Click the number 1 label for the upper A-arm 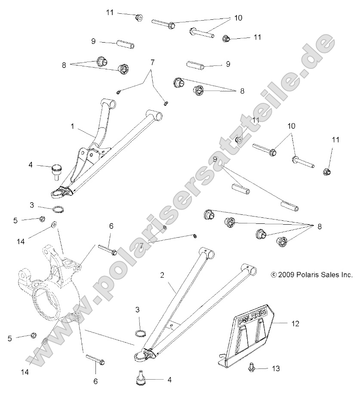click(73, 127)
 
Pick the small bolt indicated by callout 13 click(252, 368)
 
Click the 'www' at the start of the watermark click(47, 340)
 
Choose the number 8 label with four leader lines click(319, 226)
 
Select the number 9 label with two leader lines click(215, 159)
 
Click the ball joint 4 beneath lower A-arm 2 click(140, 377)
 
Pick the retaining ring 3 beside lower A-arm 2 click(139, 334)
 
